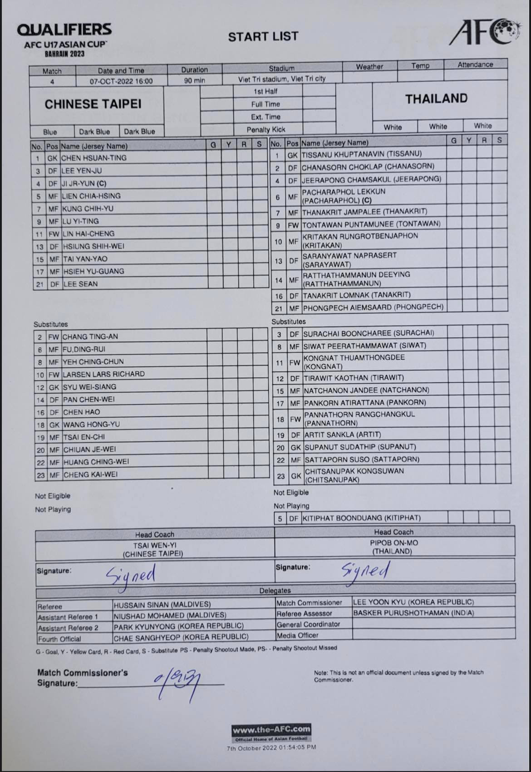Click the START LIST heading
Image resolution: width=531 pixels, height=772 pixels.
point(263,36)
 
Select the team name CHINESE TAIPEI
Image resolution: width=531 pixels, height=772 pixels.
point(93,104)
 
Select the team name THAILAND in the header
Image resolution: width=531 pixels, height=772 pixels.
point(436,99)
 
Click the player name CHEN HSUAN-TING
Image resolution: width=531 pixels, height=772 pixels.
point(94,158)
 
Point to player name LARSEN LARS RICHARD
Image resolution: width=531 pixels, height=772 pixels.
point(103,374)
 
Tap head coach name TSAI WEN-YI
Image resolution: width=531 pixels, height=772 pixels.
point(153,545)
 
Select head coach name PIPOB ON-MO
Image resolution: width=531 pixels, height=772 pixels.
point(394,543)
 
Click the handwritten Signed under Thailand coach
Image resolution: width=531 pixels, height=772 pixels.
point(365,571)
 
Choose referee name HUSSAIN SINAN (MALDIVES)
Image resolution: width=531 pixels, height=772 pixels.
point(162,605)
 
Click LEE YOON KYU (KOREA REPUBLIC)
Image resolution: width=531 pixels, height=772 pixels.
point(413,602)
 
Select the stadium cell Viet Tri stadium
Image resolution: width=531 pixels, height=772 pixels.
point(282,78)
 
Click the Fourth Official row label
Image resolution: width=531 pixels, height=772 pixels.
point(59,639)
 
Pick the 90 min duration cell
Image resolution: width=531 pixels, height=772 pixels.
point(194,80)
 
